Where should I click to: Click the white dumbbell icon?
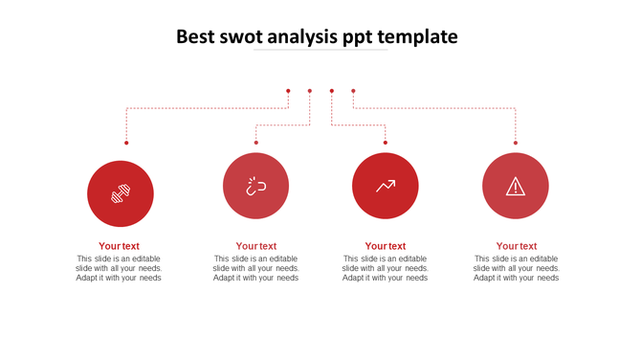tap(121, 193)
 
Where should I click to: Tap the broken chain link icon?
tap(255, 186)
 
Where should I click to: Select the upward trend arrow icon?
tap(386, 186)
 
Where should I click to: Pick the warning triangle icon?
tap(516, 187)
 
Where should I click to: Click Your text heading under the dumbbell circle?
tap(119, 246)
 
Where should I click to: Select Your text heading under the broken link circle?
tap(255, 246)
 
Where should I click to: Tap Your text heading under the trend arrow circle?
tap(385, 246)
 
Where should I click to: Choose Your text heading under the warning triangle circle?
tap(516, 246)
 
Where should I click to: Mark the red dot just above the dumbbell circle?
tap(126, 143)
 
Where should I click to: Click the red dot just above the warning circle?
tap(516, 143)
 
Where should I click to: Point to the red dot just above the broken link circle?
tap(256, 143)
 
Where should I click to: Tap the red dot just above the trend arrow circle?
tap(386, 143)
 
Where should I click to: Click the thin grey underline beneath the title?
tap(320, 50)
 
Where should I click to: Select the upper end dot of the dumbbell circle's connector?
tap(288, 91)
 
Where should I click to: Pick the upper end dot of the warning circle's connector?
tap(353, 91)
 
